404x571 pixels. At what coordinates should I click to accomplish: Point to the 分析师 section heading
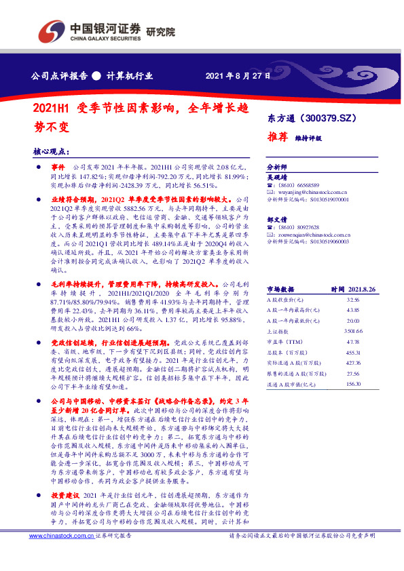click(276, 165)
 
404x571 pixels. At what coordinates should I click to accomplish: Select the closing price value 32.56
click(352, 298)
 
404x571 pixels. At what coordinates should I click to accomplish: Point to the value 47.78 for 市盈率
click(352, 341)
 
